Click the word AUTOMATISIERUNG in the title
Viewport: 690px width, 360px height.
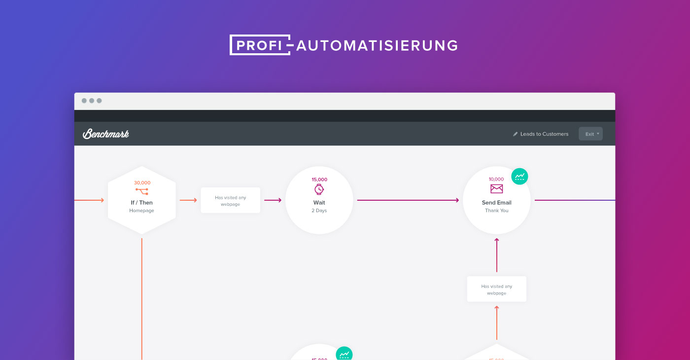377,45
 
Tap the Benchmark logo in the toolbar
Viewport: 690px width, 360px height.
106,134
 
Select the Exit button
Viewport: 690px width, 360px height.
590,134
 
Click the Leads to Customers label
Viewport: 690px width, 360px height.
544,134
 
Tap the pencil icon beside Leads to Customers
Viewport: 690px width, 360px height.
516,134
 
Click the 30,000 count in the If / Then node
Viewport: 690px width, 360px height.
142,183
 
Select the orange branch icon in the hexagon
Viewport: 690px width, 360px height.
142,191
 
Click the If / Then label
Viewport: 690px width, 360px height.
142,203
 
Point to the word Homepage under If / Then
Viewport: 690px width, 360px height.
142,211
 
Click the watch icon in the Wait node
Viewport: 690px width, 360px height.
319,189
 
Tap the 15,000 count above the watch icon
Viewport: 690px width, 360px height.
319,180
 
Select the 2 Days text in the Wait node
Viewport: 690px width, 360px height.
319,211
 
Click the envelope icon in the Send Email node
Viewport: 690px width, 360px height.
496,189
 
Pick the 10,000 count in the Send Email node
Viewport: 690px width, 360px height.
496,179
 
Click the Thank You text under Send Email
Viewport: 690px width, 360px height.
496,211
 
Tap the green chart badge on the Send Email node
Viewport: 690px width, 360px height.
519,176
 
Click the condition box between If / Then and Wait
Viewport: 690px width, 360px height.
230,200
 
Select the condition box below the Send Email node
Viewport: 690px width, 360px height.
496,289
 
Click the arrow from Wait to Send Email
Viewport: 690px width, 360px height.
408,200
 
